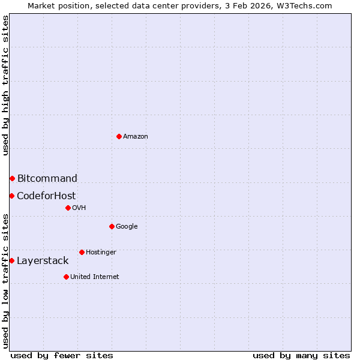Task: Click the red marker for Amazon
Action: [119, 136]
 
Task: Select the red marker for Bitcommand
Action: [12, 178]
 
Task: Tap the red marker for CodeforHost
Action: [11, 196]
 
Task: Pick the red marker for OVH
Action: [68, 208]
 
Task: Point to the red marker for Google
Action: [112, 226]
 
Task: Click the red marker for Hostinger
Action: [82, 252]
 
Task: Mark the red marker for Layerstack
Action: [11, 260]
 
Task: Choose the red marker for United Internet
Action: [66, 277]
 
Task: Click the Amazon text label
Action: [136, 137]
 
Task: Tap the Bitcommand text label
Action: [47, 178]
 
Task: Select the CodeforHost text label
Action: [46, 196]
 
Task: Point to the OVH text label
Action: [79, 208]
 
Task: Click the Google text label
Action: [127, 227]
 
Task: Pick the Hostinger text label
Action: [101, 253]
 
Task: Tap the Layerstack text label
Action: [43, 260]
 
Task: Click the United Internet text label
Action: [94, 277]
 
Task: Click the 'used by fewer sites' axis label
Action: [62, 355]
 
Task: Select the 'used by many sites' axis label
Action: [301, 355]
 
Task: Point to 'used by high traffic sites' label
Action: [5, 85]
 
